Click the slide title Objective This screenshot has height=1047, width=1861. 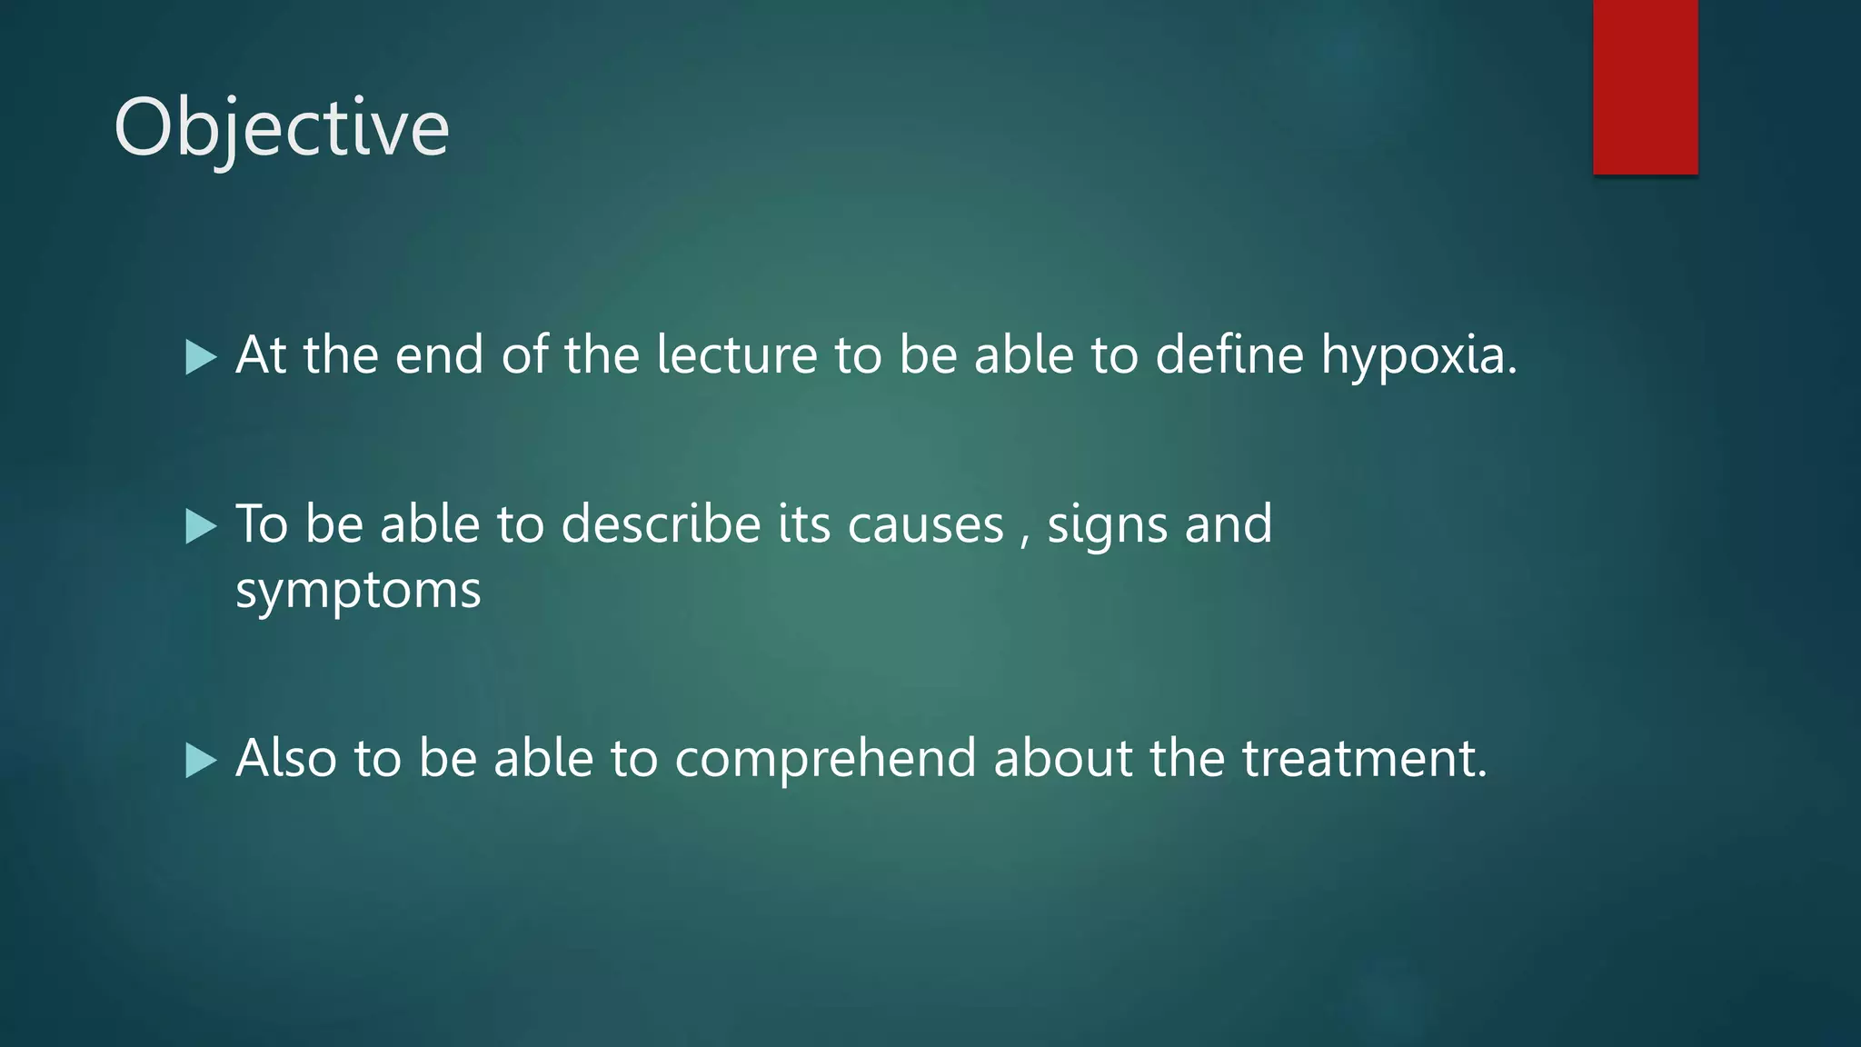pos(282,127)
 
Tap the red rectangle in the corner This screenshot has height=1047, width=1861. pos(1645,86)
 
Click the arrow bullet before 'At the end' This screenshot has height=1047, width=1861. pos(201,357)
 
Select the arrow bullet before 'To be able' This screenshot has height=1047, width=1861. pos(201,526)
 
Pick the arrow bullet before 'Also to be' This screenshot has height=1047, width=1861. pos(201,760)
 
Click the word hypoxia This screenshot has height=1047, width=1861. pos(1418,354)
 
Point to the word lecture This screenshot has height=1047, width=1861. pos(736,354)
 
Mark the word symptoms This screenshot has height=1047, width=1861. pos(358,592)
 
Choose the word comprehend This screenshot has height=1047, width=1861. pos(825,759)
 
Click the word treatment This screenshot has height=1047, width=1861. pos(1363,758)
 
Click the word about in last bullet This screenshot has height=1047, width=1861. pos(1063,758)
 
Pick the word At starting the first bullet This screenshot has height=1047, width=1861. pos(262,354)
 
